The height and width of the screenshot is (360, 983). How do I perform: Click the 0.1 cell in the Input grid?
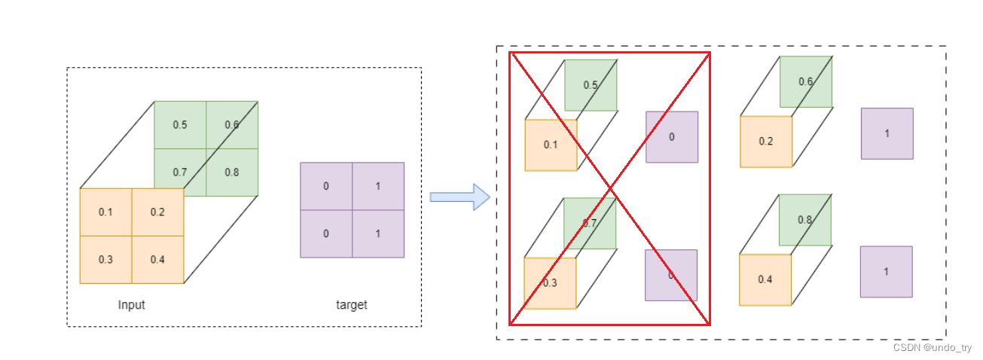(x=105, y=212)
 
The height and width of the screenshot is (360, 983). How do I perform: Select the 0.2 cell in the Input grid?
(x=157, y=212)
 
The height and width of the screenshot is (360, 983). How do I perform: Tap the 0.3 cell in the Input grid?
(x=105, y=259)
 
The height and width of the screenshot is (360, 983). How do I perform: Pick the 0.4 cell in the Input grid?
(x=157, y=259)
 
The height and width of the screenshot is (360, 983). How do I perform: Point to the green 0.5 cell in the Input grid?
(x=180, y=124)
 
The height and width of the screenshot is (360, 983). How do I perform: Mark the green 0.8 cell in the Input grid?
(x=232, y=172)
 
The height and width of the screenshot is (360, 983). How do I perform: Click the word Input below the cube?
(x=131, y=305)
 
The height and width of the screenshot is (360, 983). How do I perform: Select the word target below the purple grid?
(x=351, y=305)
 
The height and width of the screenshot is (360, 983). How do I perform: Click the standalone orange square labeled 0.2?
(x=765, y=142)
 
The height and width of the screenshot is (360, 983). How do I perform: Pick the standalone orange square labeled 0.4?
(x=765, y=279)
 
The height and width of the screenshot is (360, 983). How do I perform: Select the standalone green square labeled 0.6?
(x=806, y=81)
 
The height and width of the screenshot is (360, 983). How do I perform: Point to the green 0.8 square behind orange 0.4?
(x=805, y=220)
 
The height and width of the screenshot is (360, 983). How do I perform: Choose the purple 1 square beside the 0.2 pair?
(x=887, y=133)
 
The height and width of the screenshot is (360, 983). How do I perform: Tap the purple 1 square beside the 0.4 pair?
(x=886, y=271)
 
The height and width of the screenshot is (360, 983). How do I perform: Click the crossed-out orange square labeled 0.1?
(x=551, y=145)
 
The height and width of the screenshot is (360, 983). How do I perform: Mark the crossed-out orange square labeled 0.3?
(x=550, y=283)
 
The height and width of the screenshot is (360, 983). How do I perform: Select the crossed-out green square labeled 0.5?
(x=591, y=85)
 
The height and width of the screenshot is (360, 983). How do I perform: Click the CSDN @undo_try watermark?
(x=932, y=348)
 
